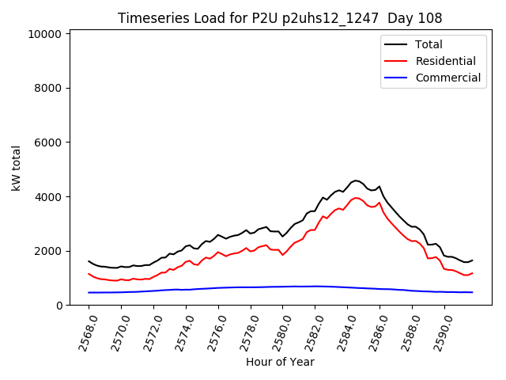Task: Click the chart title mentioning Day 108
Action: coord(280,18)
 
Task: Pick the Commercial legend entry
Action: coord(447,78)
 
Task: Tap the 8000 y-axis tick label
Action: coord(49,89)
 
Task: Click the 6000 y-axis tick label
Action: coord(49,142)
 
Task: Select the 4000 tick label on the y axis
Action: coord(49,197)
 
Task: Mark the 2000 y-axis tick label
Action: coord(49,251)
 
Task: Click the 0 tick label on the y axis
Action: coord(59,306)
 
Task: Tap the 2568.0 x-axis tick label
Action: coord(82,331)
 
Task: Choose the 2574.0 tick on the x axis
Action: coord(179,331)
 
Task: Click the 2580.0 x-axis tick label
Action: coord(276,331)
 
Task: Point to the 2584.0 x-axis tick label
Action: coord(341,331)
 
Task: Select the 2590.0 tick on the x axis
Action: coord(437,331)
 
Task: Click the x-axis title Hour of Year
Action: coord(280,362)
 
